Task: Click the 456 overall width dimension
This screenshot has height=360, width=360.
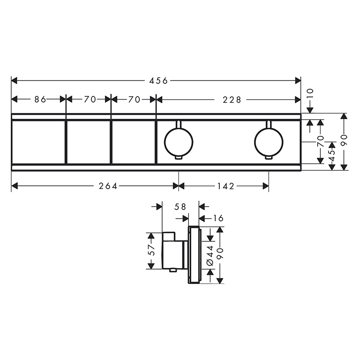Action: (158, 81)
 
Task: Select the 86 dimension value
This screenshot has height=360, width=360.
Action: (40, 99)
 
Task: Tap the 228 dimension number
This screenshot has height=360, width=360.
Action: (232, 100)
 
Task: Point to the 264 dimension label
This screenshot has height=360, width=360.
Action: (108, 186)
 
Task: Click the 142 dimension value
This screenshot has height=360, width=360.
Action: (226, 186)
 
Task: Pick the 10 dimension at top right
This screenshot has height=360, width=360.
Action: (310, 94)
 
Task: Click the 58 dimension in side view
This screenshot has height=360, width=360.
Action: (180, 207)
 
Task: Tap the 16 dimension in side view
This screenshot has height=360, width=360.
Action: (218, 218)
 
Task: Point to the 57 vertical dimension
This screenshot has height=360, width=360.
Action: (151, 250)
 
